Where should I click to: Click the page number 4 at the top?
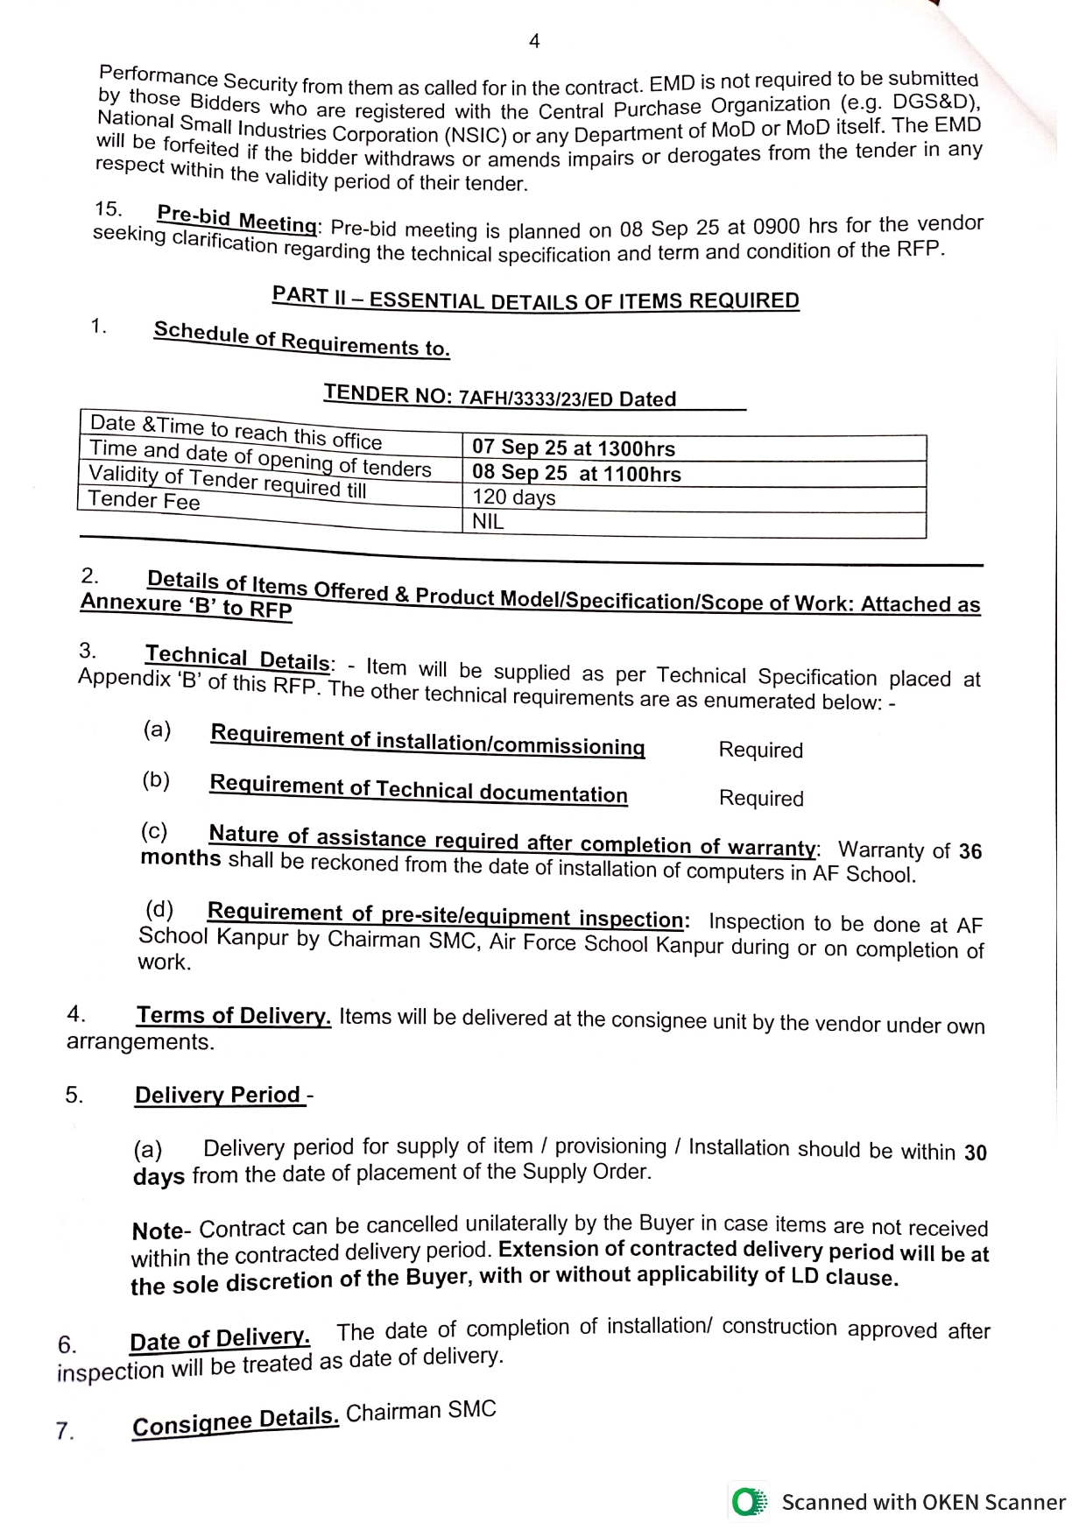[x=534, y=41]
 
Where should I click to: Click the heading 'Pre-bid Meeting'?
[x=236, y=219]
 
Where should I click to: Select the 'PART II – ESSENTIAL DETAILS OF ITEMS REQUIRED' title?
[x=535, y=299]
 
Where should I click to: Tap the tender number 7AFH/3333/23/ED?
[x=535, y=398]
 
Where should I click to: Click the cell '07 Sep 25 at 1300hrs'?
[x=574, y=448]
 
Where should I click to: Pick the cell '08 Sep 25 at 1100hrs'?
[x=576, y=474]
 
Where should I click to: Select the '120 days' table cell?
[x=514, y=497]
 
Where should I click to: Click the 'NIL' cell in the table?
[x=488, y=522]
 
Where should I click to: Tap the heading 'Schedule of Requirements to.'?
[x=301, y=339]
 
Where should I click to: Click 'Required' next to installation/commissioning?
[x=760, y=751]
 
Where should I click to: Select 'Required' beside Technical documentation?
[x=760, y=799]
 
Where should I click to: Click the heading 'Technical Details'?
[x=237, y=658]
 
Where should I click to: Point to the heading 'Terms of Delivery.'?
[x=233, y=1016]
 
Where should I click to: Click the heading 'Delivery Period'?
[x=218, y=1096]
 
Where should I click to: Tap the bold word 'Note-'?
[x=158, y=1231]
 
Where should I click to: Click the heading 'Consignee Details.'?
[x=235, y=1423]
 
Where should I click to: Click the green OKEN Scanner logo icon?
[x=747, y=1503]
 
